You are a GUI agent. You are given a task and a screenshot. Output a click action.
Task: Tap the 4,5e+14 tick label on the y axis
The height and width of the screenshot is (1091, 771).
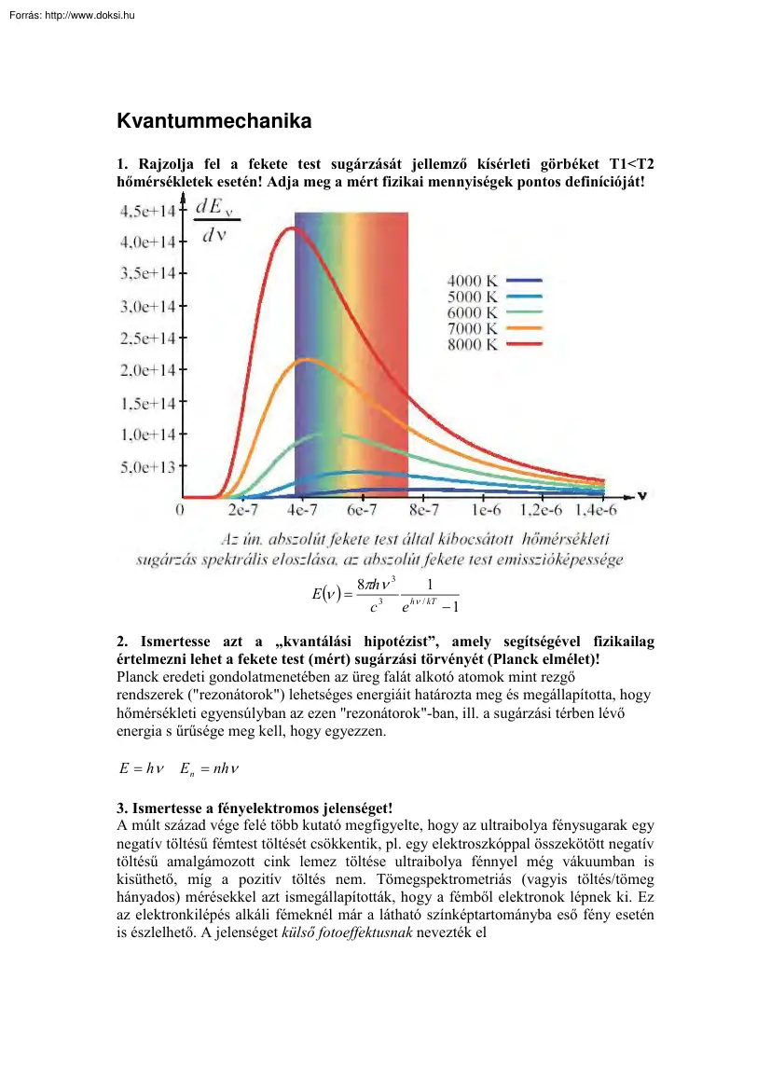(x=148, y=211)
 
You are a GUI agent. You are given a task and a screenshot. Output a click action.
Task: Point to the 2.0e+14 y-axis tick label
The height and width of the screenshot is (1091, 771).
(x=148, y=370)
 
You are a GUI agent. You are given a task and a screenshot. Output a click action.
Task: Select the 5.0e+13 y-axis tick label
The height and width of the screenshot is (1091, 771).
(x=148, y=466)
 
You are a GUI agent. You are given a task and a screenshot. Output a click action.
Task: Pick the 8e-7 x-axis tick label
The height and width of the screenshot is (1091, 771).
(x=423, y=511)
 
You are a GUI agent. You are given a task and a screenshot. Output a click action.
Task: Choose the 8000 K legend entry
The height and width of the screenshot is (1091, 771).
(x=473, y=345)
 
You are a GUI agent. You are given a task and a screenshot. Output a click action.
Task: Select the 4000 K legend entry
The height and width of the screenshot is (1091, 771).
(x=473, y=280)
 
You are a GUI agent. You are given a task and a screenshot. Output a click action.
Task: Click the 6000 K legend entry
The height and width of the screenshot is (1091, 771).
(x=473, y=312)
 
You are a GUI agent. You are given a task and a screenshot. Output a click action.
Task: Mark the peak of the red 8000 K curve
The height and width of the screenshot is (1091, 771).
(x=292, y=228)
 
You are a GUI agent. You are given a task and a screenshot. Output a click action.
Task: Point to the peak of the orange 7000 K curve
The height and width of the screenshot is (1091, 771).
(x=309, y=359)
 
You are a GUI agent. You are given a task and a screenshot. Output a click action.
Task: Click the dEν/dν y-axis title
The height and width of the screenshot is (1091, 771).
(x=215, y=221)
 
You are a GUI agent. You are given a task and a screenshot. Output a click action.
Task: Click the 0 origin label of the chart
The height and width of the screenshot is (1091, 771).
(x=179, y=511)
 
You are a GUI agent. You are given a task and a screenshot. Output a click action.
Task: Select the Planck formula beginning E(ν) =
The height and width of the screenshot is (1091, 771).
(x=385, y=594)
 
